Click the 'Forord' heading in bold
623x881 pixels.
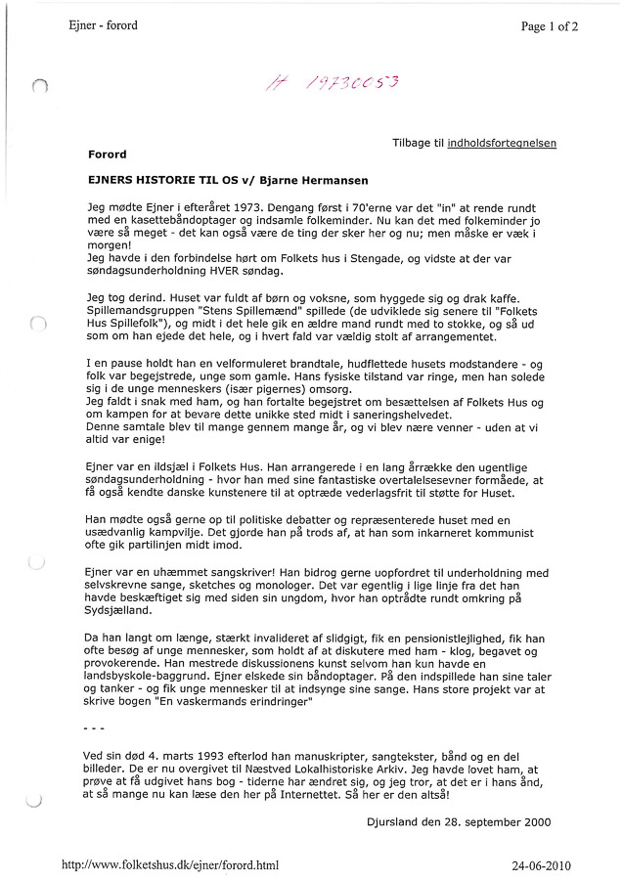coord(107,154)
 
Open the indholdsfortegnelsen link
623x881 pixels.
coord(502,143)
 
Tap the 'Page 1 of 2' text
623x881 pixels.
coord(550,26)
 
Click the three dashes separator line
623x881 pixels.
coord(94,729)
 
